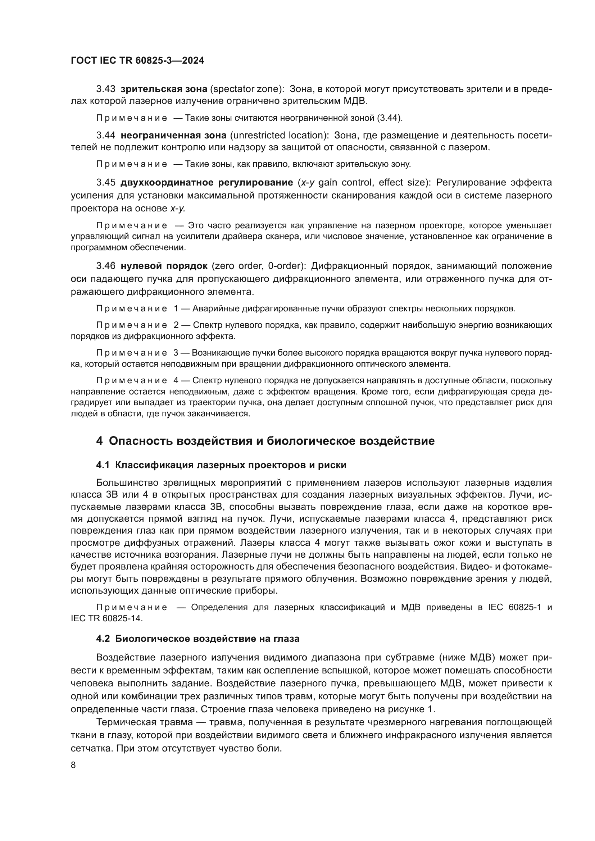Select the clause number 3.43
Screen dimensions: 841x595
106,89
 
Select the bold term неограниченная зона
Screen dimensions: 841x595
174,136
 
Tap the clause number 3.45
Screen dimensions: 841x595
106,182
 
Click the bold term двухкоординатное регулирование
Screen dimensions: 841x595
206,182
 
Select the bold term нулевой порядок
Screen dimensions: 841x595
164,266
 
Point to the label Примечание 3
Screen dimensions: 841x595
137,353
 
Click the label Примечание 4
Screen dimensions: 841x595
137,380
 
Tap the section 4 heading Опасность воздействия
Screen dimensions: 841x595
265,441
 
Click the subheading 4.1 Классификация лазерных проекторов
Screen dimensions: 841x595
221,465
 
